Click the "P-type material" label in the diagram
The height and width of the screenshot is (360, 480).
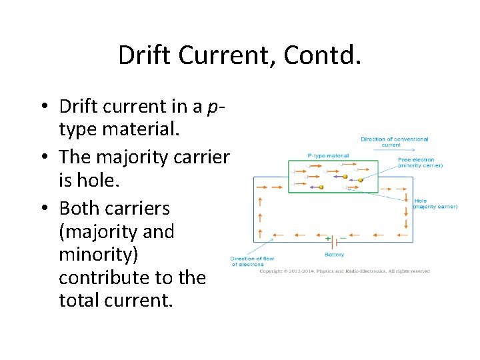(x=328, y=155)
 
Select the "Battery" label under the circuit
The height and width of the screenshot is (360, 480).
(x=334, y=254)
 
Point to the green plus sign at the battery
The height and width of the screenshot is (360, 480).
(x=328, y=237)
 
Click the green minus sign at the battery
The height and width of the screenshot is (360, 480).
(x=343, y=237)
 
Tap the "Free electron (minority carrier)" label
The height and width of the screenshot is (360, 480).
(x=416, y=162)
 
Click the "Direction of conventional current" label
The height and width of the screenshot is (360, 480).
(x=395, y=142)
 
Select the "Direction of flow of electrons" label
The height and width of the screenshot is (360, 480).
(x=252, y=261)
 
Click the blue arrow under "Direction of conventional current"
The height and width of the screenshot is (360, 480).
(x=394, y=151)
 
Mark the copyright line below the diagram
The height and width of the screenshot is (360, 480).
(x=344, y=271)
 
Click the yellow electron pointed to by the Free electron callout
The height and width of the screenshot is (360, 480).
(x=360, y=179)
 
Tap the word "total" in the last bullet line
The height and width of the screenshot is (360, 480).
(x=79, y=301)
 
